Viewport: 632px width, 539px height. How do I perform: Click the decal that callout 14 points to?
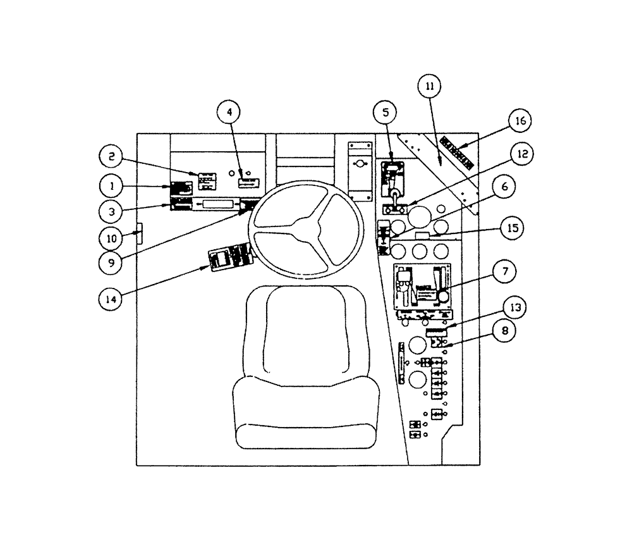click(x=229, y=257)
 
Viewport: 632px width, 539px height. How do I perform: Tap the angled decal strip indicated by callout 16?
click(x=457, y=151)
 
